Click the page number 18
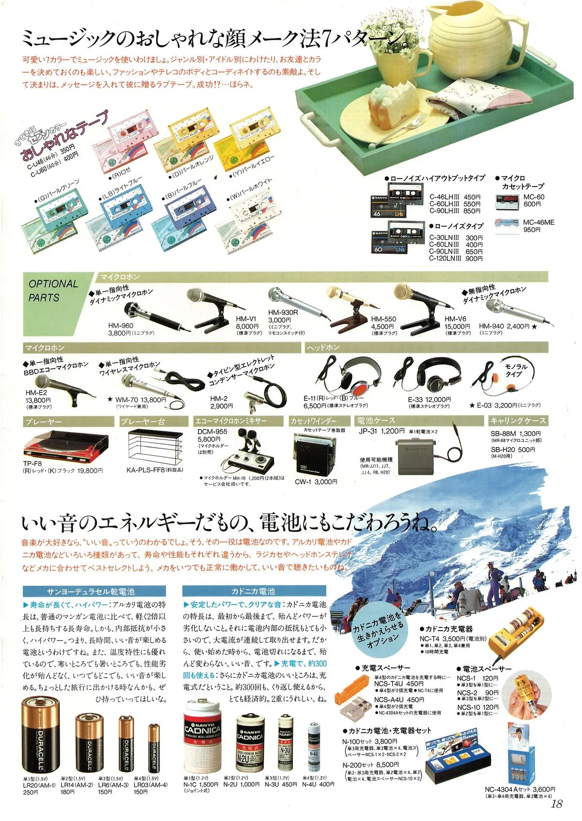tap(556, 804)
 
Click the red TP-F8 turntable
tap(65, 445)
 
